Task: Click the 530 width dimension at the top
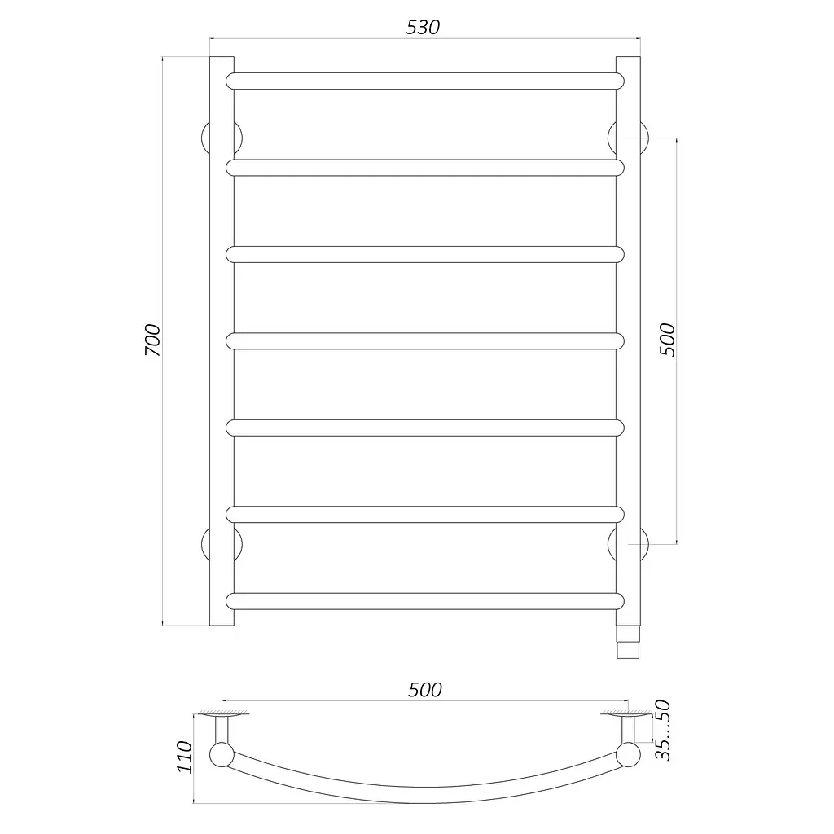[x=423, y=27]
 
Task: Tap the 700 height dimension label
[x=152, y=340]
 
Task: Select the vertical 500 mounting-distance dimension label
[x=667, y=340]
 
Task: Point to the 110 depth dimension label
[x=184, y=757]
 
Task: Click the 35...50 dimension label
[x=663, y=731]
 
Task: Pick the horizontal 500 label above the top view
[x=425, y=690]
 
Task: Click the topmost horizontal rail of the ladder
[x=425, y=81]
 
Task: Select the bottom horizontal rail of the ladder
[x=425, y=601]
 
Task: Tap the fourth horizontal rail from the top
[x=425, y=341]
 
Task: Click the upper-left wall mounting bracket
[x=204, y=138]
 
